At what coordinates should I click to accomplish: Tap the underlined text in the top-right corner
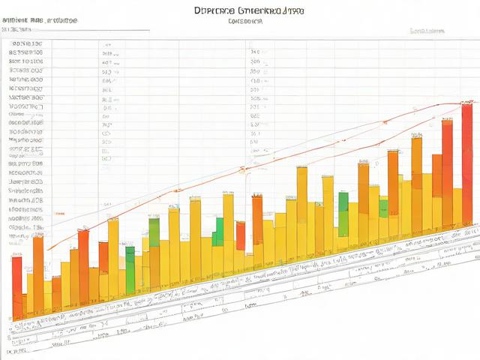coord(427,31)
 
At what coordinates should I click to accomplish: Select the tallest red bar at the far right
coord(467,165)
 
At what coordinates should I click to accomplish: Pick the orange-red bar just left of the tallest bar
coord(447,176)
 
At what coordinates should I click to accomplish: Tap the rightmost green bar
coord(383,208)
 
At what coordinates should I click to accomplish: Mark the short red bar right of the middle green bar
coord(241,235)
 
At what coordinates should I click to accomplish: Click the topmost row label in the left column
coord(25,44)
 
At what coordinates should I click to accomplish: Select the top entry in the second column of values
coord(109,44)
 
